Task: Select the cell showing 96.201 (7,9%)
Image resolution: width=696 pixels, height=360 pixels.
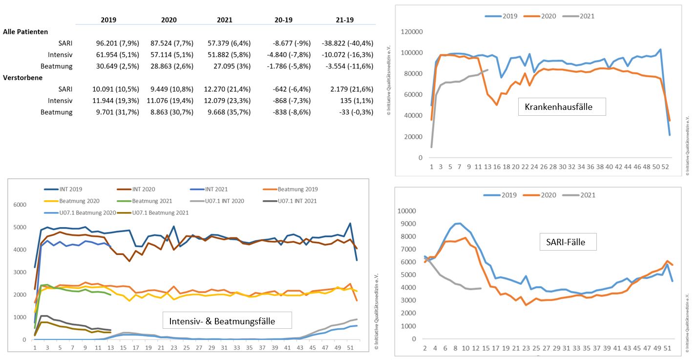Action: click(118, 43)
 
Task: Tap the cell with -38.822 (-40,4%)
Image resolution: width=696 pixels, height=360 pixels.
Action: click(347, 43)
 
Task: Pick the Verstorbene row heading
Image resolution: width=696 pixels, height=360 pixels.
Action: click(22, 77)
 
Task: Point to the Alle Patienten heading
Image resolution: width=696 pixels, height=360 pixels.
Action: click(25, 32)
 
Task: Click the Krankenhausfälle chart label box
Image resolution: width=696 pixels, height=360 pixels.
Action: click(562, 106)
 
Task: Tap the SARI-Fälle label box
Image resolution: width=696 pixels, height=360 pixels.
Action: click(569, 241)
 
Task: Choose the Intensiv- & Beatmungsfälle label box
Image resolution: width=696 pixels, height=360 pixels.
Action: click(227, 321)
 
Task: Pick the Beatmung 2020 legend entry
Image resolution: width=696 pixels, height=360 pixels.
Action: click(80, 201)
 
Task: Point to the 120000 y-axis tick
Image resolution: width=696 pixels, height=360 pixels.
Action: click(412, 32)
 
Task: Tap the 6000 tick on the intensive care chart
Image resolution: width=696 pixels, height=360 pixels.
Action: click(18, 205)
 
